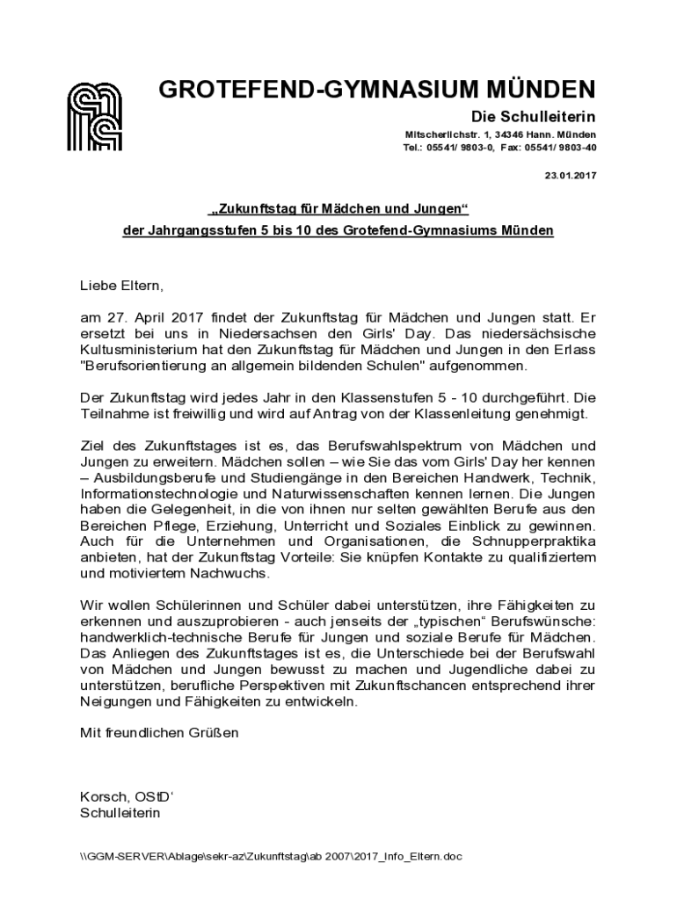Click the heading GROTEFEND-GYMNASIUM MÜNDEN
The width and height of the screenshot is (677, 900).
pyautogui.click(x=377, y=90)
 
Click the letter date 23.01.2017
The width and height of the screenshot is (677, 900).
pyautogui.click(x=571, y=175)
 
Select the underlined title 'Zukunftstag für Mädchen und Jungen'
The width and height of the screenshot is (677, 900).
pyautogui.click(x=338, y=211)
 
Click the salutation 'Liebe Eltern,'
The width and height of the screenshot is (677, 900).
pyautogui.click(x=122, y=286)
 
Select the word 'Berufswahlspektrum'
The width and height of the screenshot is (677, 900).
pyautogui.click(x=407, y=446)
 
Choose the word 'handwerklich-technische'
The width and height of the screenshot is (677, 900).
pyautogui.click(x=156, y=635)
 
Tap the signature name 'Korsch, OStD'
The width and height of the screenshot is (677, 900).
pyautogui.click(x=127, y=797)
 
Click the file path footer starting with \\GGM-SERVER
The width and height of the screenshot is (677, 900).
pyautogui.click(x=271, y=856)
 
